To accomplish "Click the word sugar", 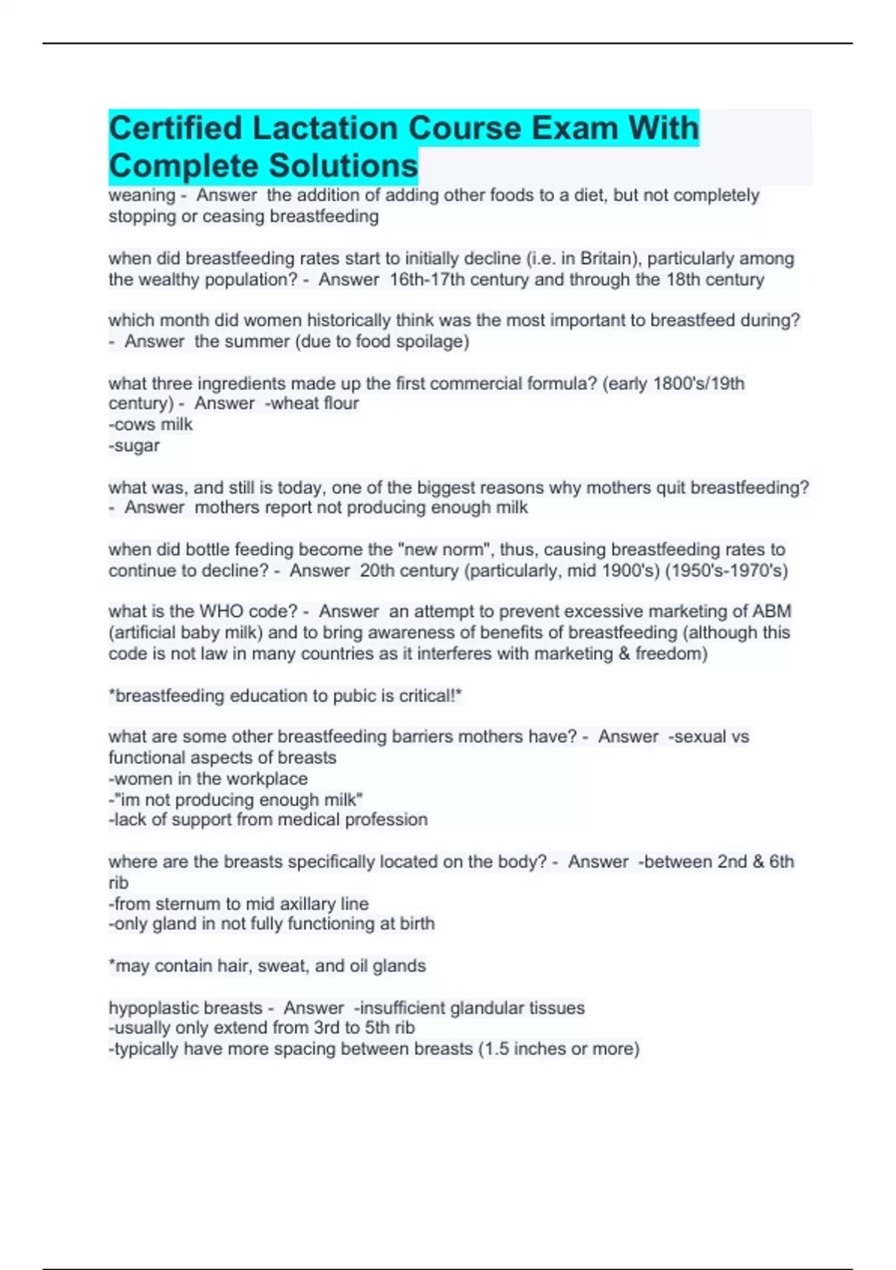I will pyautogui.click(x=136, y=445).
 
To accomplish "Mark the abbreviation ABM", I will pyautogui.click(x=771, y=611).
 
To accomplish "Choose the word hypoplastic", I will pyautogui.click(x=185, y=1008).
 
